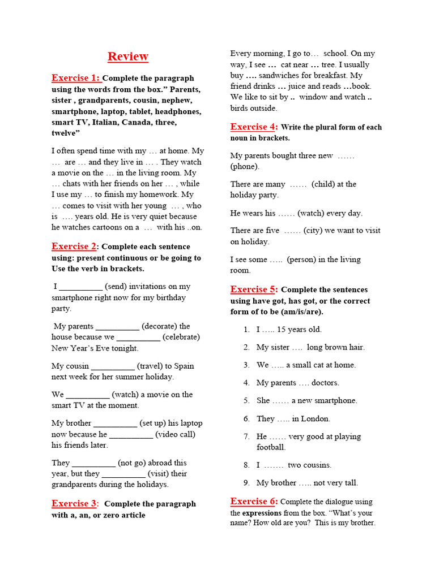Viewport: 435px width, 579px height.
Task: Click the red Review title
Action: coord(128,57)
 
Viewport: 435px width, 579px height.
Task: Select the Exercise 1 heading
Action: coord(75,78)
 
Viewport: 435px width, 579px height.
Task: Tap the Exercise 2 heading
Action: coord(74,247)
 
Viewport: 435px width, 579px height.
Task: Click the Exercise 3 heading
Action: coord(74,504)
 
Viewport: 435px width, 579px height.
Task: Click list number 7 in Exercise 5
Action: coord(246,437)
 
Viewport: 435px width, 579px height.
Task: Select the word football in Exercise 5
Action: coord(271,447)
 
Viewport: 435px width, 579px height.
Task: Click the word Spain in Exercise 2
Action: coord(185,366)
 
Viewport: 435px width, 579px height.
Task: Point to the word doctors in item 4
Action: coord(325,383)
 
